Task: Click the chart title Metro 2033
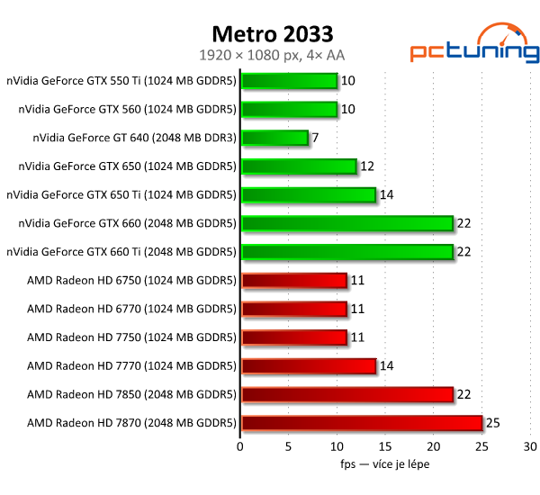272,33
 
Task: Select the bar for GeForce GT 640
274,138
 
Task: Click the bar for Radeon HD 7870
362,422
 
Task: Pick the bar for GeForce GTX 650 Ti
308,194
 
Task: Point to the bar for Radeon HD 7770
308,365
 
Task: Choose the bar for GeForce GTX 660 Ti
346,251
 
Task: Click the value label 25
493,422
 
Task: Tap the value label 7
315,138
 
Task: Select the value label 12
366,166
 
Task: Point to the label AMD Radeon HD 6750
131,280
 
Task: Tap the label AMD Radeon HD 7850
131,394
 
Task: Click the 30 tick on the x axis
531,446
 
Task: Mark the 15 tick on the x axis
385,446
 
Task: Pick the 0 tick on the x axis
240,446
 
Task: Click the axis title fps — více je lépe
384,464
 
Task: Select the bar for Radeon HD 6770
293,309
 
